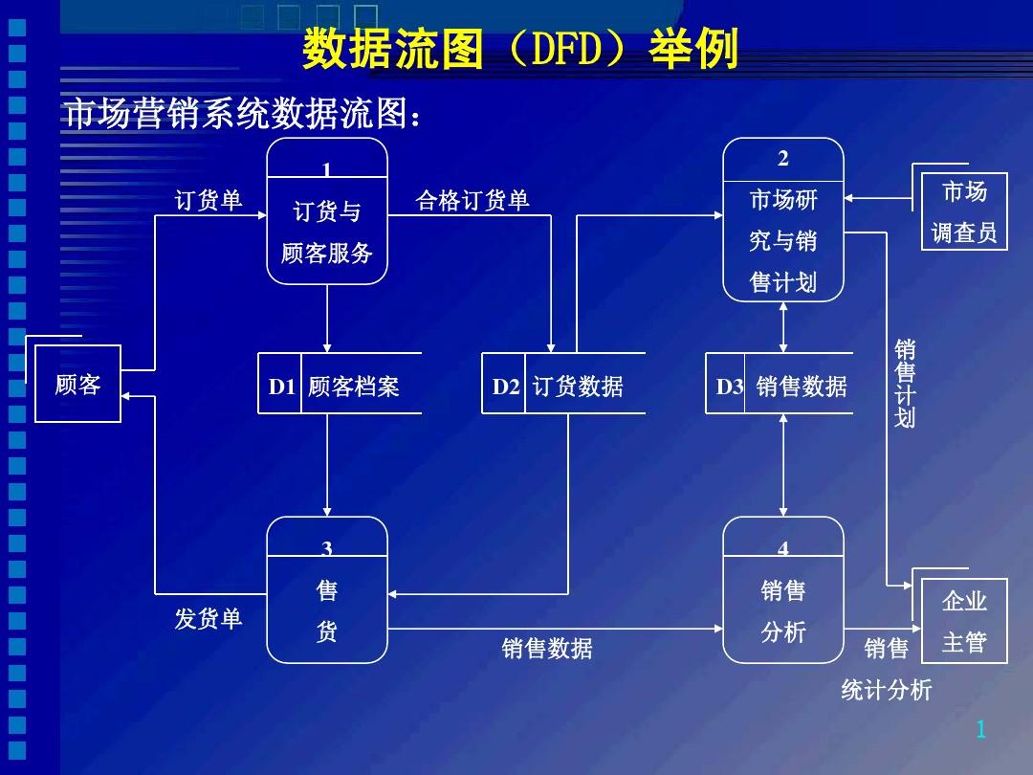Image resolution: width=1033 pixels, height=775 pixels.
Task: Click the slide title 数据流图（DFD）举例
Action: point(520,50)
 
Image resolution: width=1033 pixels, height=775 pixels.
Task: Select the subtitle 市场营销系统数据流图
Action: point(241,115)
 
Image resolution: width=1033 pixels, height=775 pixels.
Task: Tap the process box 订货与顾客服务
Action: point(327,211)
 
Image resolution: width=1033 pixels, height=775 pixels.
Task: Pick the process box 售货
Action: point(327,590)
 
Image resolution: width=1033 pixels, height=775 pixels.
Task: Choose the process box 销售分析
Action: point(783,590)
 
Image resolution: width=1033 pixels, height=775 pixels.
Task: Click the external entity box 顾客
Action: point(77,385)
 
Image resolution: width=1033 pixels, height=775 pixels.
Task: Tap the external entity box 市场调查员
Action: point(964,211)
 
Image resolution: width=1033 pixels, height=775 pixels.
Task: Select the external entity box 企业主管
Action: point(963,621)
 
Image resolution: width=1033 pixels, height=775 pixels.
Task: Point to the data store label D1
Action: point(281,387)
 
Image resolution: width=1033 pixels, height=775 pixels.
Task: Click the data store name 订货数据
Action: point(578,387)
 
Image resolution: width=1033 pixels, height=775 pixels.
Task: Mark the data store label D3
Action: point(729,387)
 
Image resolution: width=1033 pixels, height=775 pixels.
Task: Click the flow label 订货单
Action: point(209,201)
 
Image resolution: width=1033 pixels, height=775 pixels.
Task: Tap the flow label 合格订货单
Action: point(473,201)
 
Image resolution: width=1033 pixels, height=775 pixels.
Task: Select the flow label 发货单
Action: point(209,619)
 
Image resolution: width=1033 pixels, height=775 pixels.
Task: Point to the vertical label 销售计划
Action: point(905,383)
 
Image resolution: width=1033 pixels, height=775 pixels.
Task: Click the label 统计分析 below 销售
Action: point(886,691)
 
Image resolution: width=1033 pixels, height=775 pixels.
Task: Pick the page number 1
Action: point(980,731)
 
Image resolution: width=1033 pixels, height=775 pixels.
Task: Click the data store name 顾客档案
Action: point(354,387)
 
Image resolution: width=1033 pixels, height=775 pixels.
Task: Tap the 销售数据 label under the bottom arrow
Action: point(547,649)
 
